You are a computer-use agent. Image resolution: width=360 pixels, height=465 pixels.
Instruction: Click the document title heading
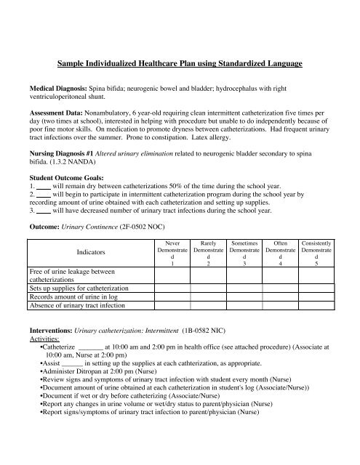(180, 65)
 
